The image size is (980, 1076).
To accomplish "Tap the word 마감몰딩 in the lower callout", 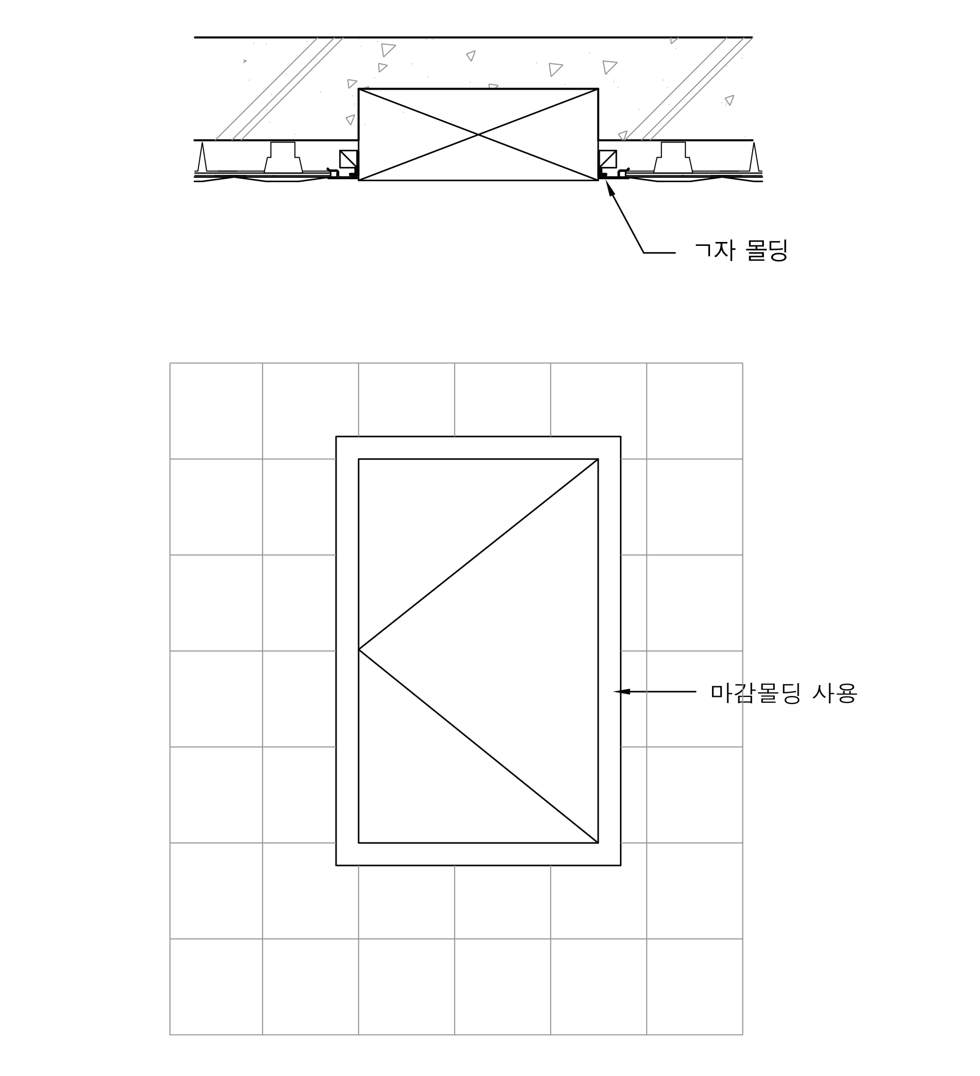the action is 755,693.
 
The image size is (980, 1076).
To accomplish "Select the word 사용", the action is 835,693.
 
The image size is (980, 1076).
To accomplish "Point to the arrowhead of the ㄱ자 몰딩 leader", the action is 610,189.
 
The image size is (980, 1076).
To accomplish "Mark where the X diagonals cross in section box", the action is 478,135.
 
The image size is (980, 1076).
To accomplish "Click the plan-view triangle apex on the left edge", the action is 359,649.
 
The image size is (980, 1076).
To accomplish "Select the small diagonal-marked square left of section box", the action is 348,159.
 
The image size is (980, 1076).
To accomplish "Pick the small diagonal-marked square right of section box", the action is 608,159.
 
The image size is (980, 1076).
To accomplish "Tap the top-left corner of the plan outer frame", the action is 336,436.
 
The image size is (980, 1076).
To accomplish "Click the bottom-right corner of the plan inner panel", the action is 598,843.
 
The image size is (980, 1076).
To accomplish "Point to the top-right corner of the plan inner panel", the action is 598,459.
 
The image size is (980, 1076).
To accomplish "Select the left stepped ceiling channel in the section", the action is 283,157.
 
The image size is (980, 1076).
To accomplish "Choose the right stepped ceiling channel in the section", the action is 673,157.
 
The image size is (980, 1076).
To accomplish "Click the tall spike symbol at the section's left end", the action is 202,156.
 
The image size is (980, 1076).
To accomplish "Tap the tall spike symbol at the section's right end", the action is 754,156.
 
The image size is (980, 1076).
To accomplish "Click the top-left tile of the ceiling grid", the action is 216,411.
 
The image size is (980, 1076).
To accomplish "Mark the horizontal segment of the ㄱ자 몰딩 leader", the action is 660,252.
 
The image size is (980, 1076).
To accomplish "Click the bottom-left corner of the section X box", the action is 358,180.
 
